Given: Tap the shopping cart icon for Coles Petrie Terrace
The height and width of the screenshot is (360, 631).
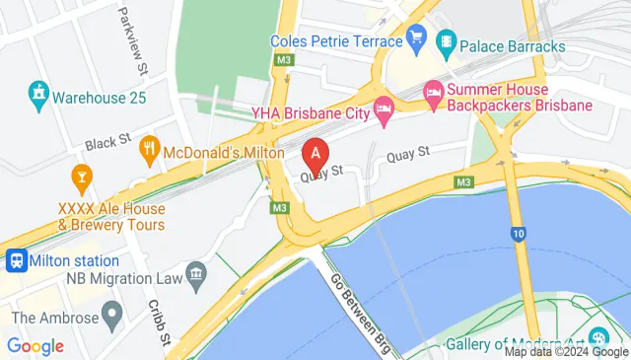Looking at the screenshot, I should pyautogui.click(x=417, y=41).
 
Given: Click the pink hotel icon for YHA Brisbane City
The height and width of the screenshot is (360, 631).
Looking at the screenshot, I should pyautogui.click(x=384, y=111).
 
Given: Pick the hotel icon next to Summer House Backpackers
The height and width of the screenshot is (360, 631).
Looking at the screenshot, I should pyautogui.click(x=433, y=94).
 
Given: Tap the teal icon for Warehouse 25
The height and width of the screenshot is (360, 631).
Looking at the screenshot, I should pyautogui.click(x=37, y=97).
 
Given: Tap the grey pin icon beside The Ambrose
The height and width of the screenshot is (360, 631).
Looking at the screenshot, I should pyautogui.click(x=112, y=318).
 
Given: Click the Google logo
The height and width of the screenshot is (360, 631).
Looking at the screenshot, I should pyautogui.click(x=35, y=346).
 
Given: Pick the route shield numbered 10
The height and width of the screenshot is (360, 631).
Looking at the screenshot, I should pyautogui.click(x=520, y=233).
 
